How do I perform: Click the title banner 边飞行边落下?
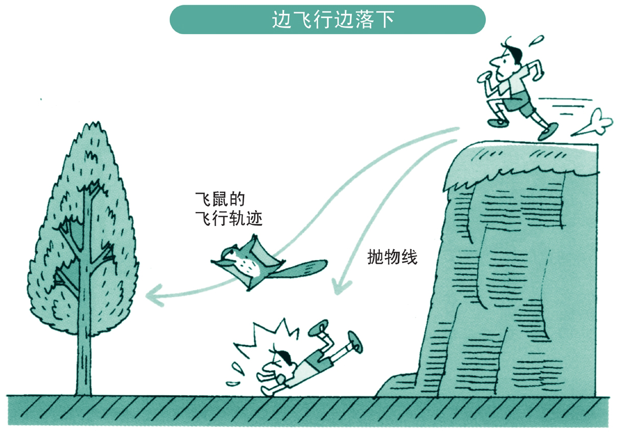[x=327, y=19]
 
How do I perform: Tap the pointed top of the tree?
[x=92, y=127]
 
